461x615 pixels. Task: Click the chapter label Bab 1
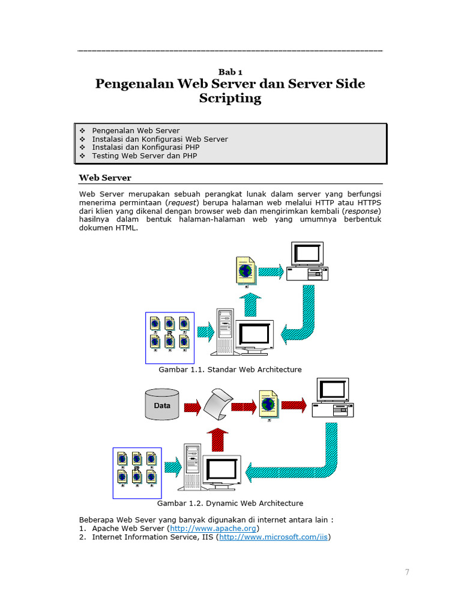230,72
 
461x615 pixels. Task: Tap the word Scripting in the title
230,98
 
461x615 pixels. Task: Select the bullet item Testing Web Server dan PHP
144,156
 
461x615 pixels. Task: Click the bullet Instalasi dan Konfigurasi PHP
146,147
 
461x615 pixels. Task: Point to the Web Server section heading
105,178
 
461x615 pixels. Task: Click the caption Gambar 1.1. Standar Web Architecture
230,369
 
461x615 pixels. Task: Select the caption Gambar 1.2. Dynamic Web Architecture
230,503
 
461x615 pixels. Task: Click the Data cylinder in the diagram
162,404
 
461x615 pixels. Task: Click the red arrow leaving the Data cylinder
192,407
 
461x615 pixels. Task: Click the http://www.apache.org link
214,529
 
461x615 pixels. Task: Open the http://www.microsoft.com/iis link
274,537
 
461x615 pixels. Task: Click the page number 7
407,572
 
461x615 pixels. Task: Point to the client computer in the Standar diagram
307,261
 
